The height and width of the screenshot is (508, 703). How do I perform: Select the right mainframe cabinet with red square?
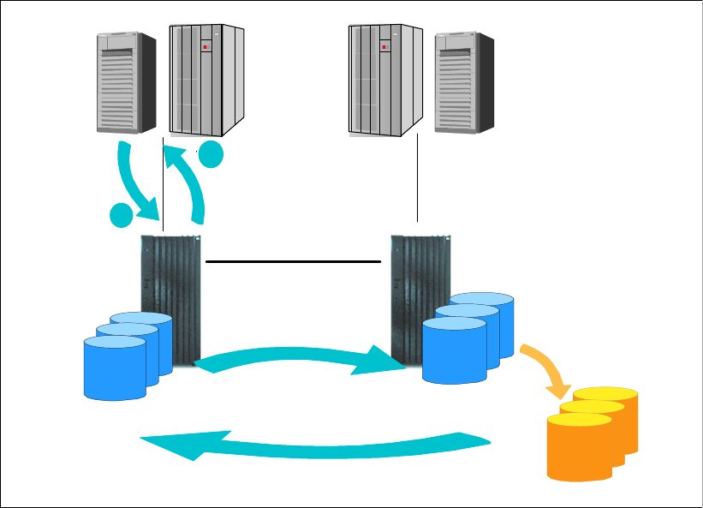pos(385,79)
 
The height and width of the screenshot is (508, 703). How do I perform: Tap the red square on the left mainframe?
pos(206,47)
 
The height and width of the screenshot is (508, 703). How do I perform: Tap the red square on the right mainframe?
pos(387,47)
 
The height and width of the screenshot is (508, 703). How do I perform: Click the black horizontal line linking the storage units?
pos(293,260)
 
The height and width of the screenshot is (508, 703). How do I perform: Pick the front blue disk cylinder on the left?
pos(115,368)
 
